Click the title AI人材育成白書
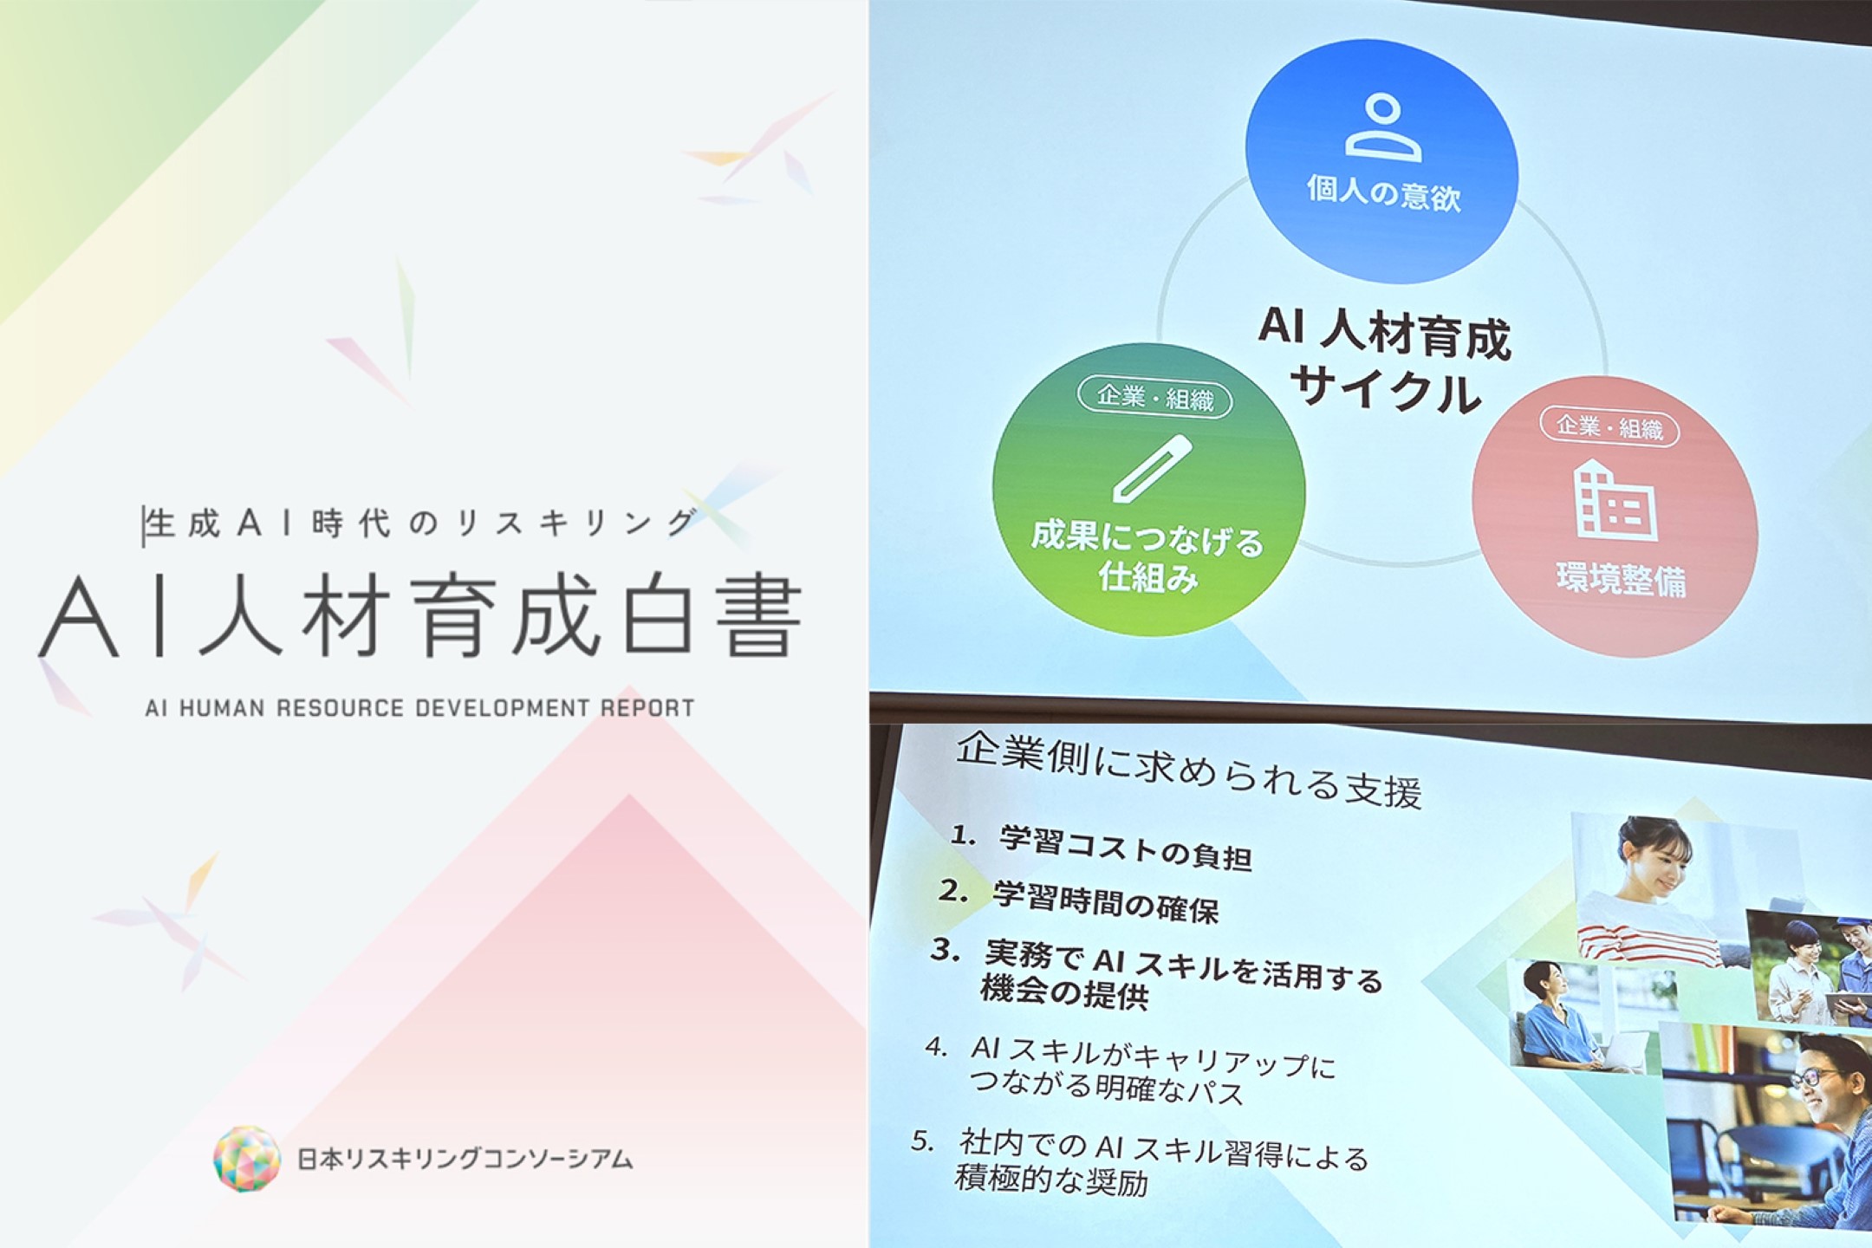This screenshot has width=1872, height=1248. pyautogui.click(x=421, y=616)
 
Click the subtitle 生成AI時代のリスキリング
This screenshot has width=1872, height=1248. pyautogui.click(x=421, y=523)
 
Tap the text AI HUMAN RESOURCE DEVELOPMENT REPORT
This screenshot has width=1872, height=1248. pyautogui.click(x=420, y=708)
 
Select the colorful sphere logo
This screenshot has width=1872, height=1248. pyautogui.click(x=247, y=1159)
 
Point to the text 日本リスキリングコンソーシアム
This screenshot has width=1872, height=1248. pyautogui.click(x=465, y=1159)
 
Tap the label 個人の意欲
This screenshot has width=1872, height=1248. pyautogui.click(x=1383, y=193)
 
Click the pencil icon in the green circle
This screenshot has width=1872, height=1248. pyautogui.click(x=1152, y=469)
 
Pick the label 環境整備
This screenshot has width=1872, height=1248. pyautogui.click(x=1621, y=580)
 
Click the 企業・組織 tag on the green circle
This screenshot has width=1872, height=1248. pyautogui.click(x=1154, y=399)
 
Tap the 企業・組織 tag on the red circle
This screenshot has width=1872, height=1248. pyautogui.click(x=1609, y=427)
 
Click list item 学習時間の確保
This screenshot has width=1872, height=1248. pyautogui.click(x=1106, y=901)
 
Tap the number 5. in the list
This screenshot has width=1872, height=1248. pyautogui.click(x=923, y=1141)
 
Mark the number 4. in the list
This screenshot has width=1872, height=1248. pyautogui.click(x=936, y=1047)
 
